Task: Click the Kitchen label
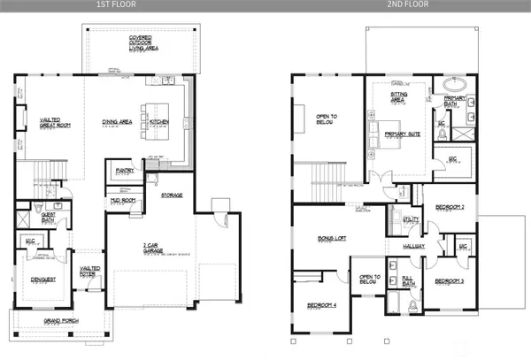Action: [x=159, y=122]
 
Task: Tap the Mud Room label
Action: [x=123, y=200]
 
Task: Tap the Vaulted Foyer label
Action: [x=90, y=271]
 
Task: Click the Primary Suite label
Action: [x=402, y=134]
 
